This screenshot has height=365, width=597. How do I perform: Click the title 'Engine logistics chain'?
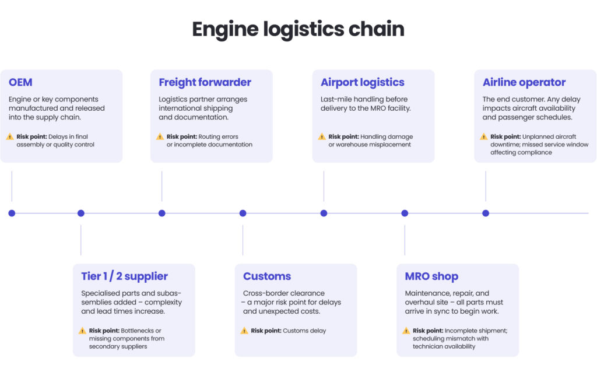point(298,30)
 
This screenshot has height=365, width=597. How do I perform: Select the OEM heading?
point(20,82)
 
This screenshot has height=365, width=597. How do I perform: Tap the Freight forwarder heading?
point(205,82)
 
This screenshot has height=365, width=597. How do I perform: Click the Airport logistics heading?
point(362,82)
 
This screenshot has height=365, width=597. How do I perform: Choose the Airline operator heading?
point(524,82)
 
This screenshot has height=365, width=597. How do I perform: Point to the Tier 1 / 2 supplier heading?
point(124,276)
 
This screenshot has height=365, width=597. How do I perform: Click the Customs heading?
point(266,276)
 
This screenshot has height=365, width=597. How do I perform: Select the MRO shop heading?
point(431,276)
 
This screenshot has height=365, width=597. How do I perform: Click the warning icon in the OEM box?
point(10,136)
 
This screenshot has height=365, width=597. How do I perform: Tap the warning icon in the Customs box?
point(244,331)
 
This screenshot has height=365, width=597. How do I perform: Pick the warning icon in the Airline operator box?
point(484,136)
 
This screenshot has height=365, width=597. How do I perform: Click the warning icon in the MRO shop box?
point(406,331)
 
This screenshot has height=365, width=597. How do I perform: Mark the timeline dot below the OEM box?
point(12,213)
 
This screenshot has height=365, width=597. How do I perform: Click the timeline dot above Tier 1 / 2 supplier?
point(81,213)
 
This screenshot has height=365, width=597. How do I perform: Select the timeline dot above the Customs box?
point(243,213)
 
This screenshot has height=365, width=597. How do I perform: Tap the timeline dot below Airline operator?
point(486,213)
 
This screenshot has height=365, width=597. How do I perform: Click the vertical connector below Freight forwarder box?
point(162,186)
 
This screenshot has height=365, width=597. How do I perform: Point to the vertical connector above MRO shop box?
point(405,240)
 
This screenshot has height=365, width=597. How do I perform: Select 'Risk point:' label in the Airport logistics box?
point(343,136)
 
